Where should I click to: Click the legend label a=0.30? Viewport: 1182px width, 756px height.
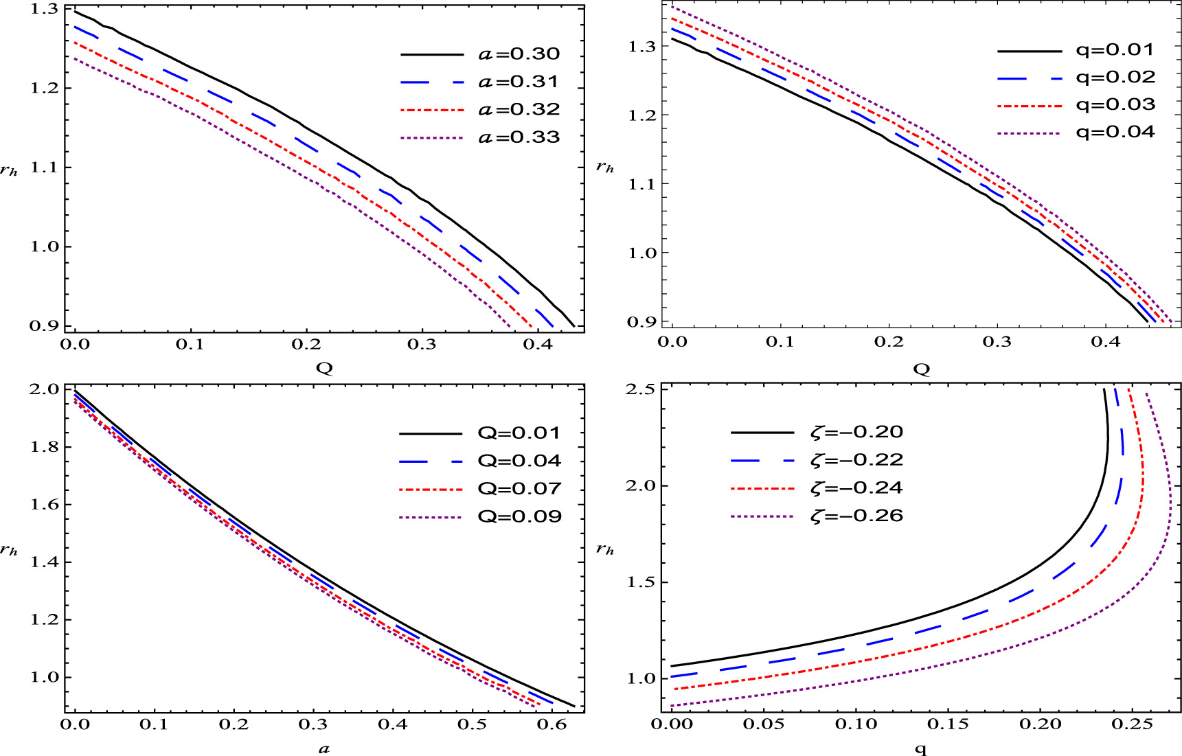519,54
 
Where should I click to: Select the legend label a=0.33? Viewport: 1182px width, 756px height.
519,137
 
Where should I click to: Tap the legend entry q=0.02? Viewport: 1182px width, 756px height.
1115,77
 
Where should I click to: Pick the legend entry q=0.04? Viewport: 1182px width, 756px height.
1115,132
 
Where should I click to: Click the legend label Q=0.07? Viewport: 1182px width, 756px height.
519,489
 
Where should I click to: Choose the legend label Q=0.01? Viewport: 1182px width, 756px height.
519,433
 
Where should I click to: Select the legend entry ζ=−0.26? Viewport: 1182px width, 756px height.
856,516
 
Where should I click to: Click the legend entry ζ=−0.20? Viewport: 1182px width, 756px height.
856,432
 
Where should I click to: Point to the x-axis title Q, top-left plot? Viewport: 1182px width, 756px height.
324,368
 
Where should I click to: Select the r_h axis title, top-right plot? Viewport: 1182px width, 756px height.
605,167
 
